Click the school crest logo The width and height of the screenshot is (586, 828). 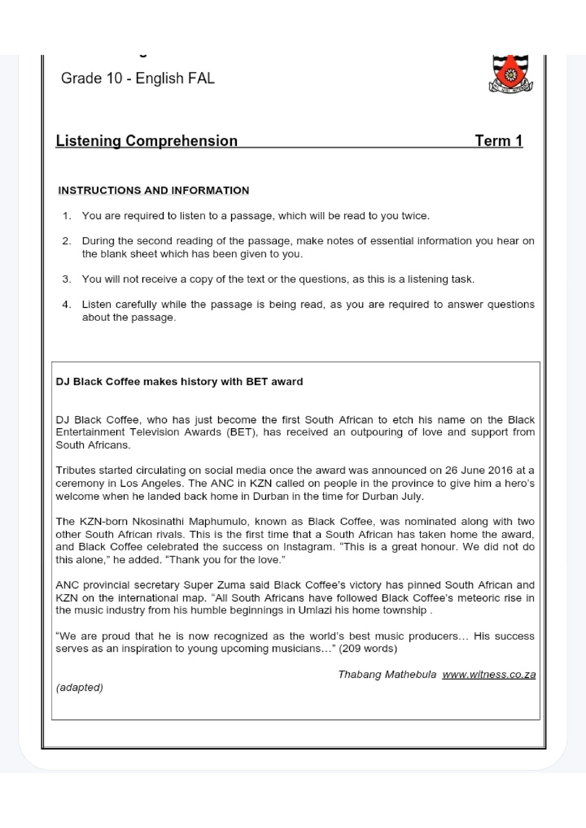510,74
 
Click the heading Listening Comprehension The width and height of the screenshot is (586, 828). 146,141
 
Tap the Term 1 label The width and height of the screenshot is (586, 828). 499,141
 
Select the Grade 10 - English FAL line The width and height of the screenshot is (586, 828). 138,78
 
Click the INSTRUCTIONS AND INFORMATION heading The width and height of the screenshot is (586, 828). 153,190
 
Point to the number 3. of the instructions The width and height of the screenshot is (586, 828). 66,279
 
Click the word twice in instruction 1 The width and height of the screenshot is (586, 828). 415,216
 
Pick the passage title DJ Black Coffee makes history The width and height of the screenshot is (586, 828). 179,382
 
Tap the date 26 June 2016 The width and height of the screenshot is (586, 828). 478,470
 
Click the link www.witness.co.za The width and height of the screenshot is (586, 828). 489,674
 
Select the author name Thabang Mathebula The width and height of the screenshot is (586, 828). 387,674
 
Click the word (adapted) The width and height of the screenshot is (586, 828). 80,687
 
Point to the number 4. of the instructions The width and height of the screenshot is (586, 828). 66,305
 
